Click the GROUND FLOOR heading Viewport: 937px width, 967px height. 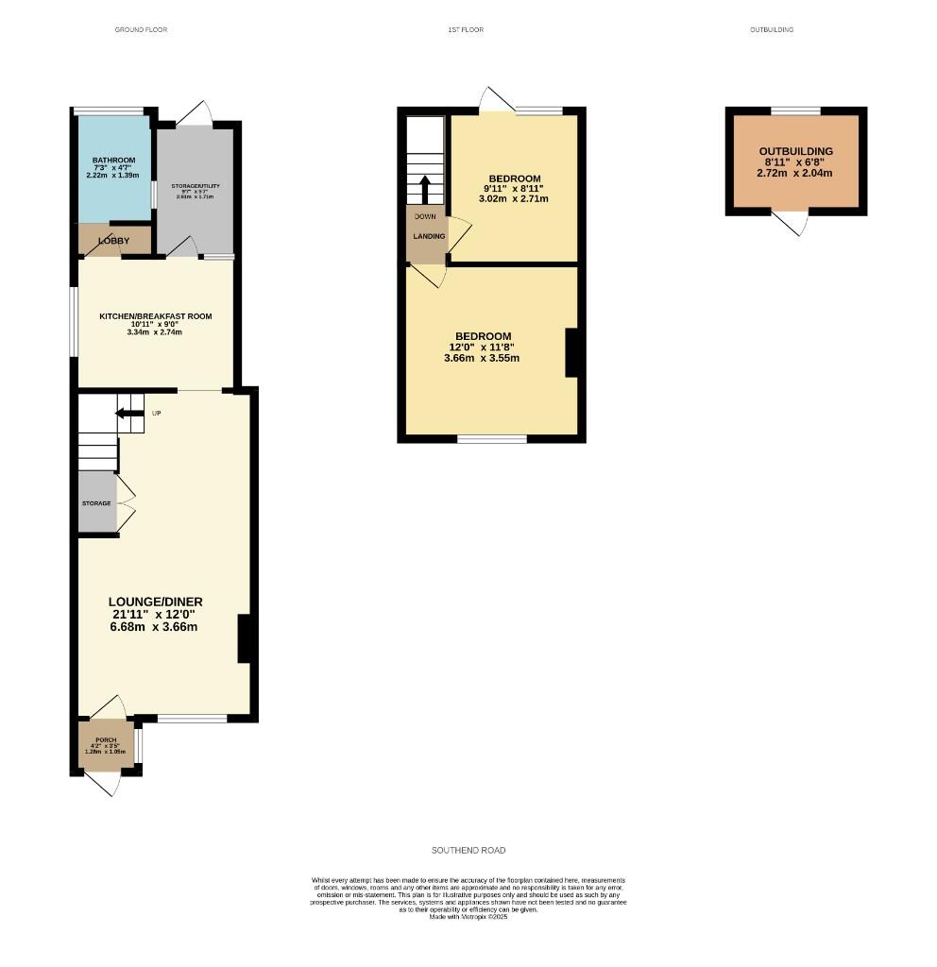point(141,30)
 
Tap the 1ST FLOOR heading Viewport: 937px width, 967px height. point(466,30)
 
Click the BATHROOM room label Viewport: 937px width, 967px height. point(113,160)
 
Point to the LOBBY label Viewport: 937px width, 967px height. point(114,241)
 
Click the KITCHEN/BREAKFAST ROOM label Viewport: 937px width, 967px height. point(156,316)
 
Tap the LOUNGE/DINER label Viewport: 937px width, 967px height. point(156,602)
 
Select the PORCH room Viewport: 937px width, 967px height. point(106,745)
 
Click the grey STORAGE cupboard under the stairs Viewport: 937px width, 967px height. point(96,503)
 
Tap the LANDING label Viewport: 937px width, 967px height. point(428,236)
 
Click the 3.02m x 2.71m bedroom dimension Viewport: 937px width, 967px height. point(515,199)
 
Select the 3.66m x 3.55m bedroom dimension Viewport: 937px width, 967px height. point(482,358)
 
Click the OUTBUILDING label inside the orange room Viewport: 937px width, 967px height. point(796,151)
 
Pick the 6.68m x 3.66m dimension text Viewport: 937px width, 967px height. point(156,627)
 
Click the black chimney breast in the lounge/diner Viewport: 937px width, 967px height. point(243,638)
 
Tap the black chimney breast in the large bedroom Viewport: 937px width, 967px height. point(571,352)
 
